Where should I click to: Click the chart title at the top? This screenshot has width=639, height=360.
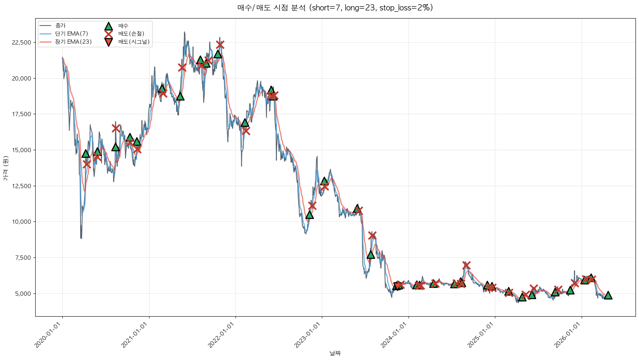coord(335,8)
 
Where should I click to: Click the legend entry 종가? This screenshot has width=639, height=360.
coord(60,26)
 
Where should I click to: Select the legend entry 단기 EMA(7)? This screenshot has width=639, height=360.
coord(72,34)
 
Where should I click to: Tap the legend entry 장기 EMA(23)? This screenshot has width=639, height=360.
coord(73,42)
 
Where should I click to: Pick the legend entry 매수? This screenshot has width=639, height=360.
coord(123,26)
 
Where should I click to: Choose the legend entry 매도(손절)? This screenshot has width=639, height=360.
coord(131,34)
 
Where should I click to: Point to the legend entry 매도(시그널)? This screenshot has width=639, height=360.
coord(134,42)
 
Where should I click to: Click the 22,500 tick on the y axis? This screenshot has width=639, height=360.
coord(22,43)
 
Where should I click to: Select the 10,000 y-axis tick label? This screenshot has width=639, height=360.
coord(22,222)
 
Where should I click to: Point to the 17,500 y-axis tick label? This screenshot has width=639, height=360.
coord(22,114)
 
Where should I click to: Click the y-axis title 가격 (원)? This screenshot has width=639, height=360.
coord(5,168)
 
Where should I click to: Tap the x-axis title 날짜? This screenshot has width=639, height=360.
coord(335,353)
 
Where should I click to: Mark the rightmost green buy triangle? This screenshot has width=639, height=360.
coord(608,295)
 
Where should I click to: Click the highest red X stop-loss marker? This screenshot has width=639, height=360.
coord(220,45)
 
